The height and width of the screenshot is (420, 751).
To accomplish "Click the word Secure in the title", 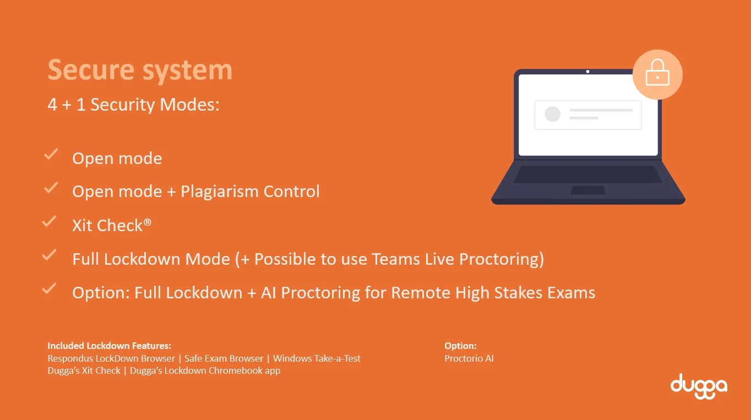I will [x=91, y=70].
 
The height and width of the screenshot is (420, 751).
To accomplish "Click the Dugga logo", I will [x=698, y=385].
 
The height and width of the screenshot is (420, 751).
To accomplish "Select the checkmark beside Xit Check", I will [x=49, y=222].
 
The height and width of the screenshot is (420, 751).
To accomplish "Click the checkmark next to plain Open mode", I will [x=51, y=155].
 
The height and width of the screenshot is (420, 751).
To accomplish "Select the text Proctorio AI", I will [x=469, y=358].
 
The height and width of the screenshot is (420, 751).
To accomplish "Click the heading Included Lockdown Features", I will [x=109, y=346].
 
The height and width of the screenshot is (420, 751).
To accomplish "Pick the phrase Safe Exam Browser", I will [x=224, y=358].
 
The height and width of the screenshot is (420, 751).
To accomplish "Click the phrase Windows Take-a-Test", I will [x=317, y=358].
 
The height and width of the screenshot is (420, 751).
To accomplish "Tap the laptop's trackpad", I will [x=587, y=190].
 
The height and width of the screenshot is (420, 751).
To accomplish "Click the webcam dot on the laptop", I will [x=587, y=72].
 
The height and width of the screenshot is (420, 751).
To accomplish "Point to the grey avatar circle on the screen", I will [x=552, y=114].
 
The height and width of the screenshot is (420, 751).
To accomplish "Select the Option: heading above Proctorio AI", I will [x=460, y=346].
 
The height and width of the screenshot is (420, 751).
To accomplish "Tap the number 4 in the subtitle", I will [x=52, y=104].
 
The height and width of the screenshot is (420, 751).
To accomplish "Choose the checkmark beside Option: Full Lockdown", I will [x=49, y=288].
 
